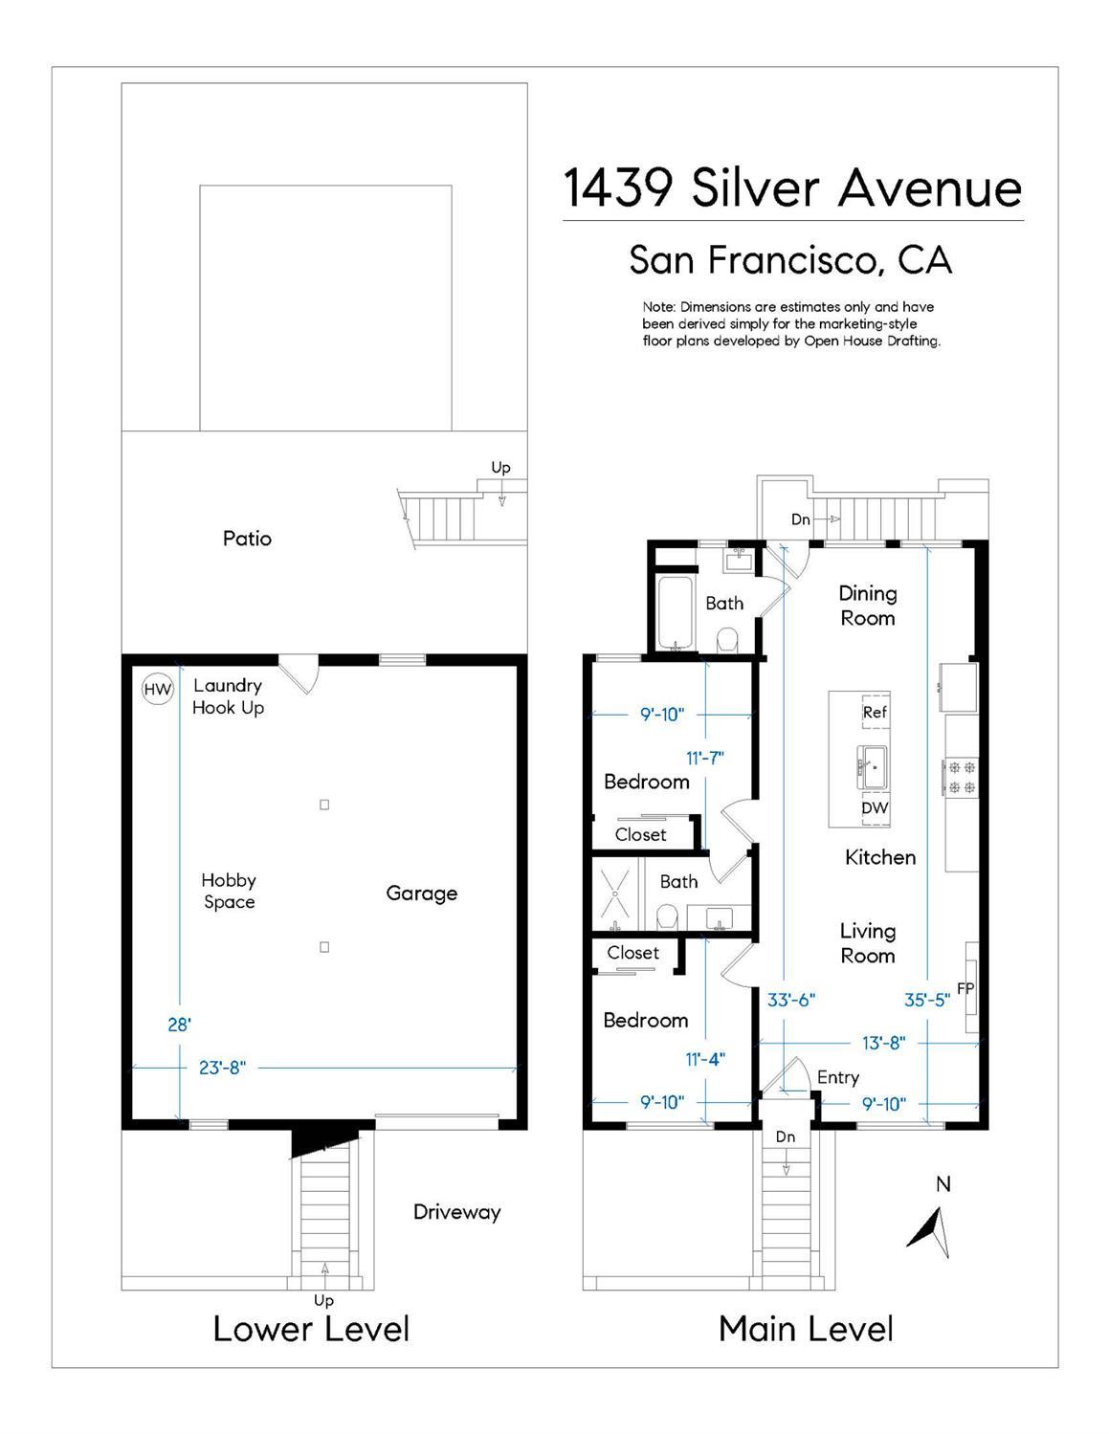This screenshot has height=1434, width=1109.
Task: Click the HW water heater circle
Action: coord(158,689)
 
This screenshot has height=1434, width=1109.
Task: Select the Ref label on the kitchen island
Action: coord(875,713)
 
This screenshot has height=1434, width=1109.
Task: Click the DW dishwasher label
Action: coord(875,807)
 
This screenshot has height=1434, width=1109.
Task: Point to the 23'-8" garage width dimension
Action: coord(223,1068)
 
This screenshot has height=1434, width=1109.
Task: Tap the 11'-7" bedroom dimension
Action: coord(705,758)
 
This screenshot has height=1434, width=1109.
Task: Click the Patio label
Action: coord(247,539)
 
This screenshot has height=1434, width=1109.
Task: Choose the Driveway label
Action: coord(456,1212)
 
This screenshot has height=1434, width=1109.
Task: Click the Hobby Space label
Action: coord(229,891)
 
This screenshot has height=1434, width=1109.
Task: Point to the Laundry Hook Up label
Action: coord(228,696)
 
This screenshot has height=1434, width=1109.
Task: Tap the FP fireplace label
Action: coord(965,988)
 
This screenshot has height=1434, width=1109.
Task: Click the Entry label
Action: coord(838,1077)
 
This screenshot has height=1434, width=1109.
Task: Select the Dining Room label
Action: coord(868,606)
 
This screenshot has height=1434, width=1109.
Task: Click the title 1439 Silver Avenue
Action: coord(792,188)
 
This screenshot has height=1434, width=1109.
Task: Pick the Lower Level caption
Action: coord(311,1329)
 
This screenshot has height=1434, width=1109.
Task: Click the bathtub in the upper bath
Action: coord(676,612)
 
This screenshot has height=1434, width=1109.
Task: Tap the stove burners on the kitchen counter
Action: coord(962,777)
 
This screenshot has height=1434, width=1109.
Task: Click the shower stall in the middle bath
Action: coord(615,893)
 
